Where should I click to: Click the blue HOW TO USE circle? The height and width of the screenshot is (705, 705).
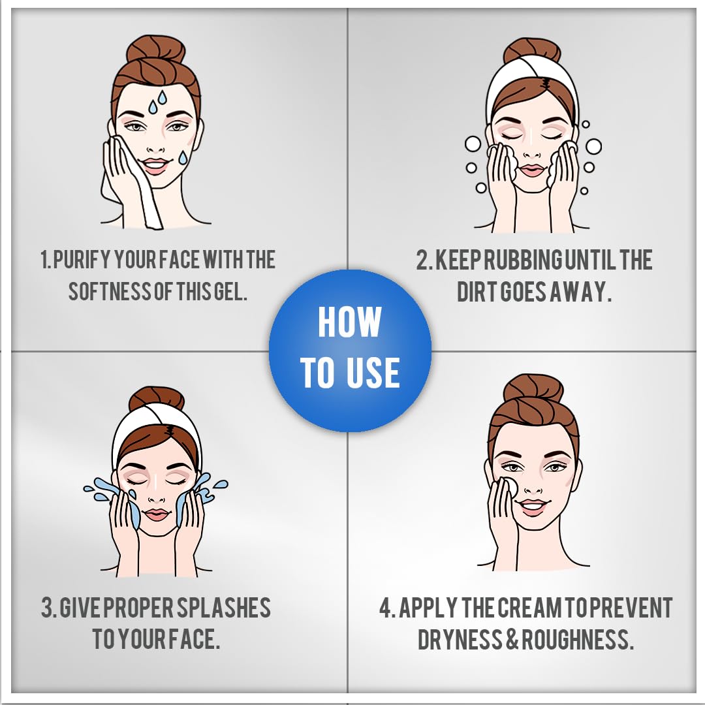click(x=351, y=351)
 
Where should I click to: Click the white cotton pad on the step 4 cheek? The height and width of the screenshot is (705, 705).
click(x=510, y=488)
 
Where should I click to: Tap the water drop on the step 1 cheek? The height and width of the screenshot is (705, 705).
click(x=183, y=157)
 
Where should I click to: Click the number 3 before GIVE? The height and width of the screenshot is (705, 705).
click(x=47, y=608)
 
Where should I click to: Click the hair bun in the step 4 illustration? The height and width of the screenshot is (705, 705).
click(x=533, y=390)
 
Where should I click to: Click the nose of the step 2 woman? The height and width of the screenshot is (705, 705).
click(x=532, y=154)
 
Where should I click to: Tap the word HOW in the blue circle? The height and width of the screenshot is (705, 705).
click(x=349, y=321)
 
